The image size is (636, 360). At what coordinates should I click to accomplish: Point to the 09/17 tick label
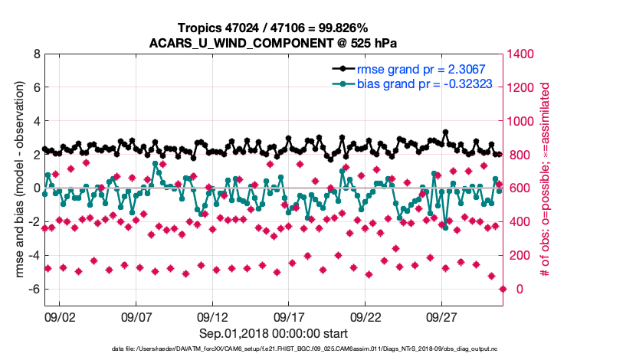point(289,316)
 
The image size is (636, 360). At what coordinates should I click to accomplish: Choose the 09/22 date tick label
point(366,316)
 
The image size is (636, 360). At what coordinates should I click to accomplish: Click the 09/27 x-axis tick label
point(442,316)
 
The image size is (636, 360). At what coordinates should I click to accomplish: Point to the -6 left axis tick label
point(31,290)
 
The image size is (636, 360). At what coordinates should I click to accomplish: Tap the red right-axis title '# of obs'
point(546,180)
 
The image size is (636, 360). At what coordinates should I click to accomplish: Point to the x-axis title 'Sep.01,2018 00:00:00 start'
point(274,333)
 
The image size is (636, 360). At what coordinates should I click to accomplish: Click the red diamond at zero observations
point(503,289)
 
